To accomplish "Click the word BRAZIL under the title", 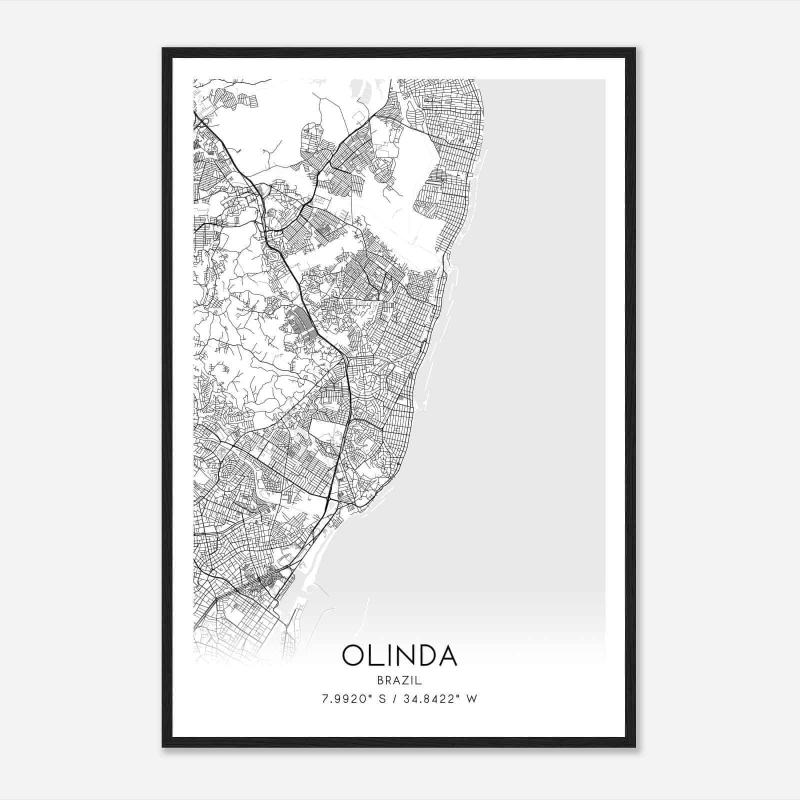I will [399, 680].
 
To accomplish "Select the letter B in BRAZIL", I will [380, 680].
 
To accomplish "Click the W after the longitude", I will [472, 698].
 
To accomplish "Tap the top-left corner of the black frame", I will [163, 49].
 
